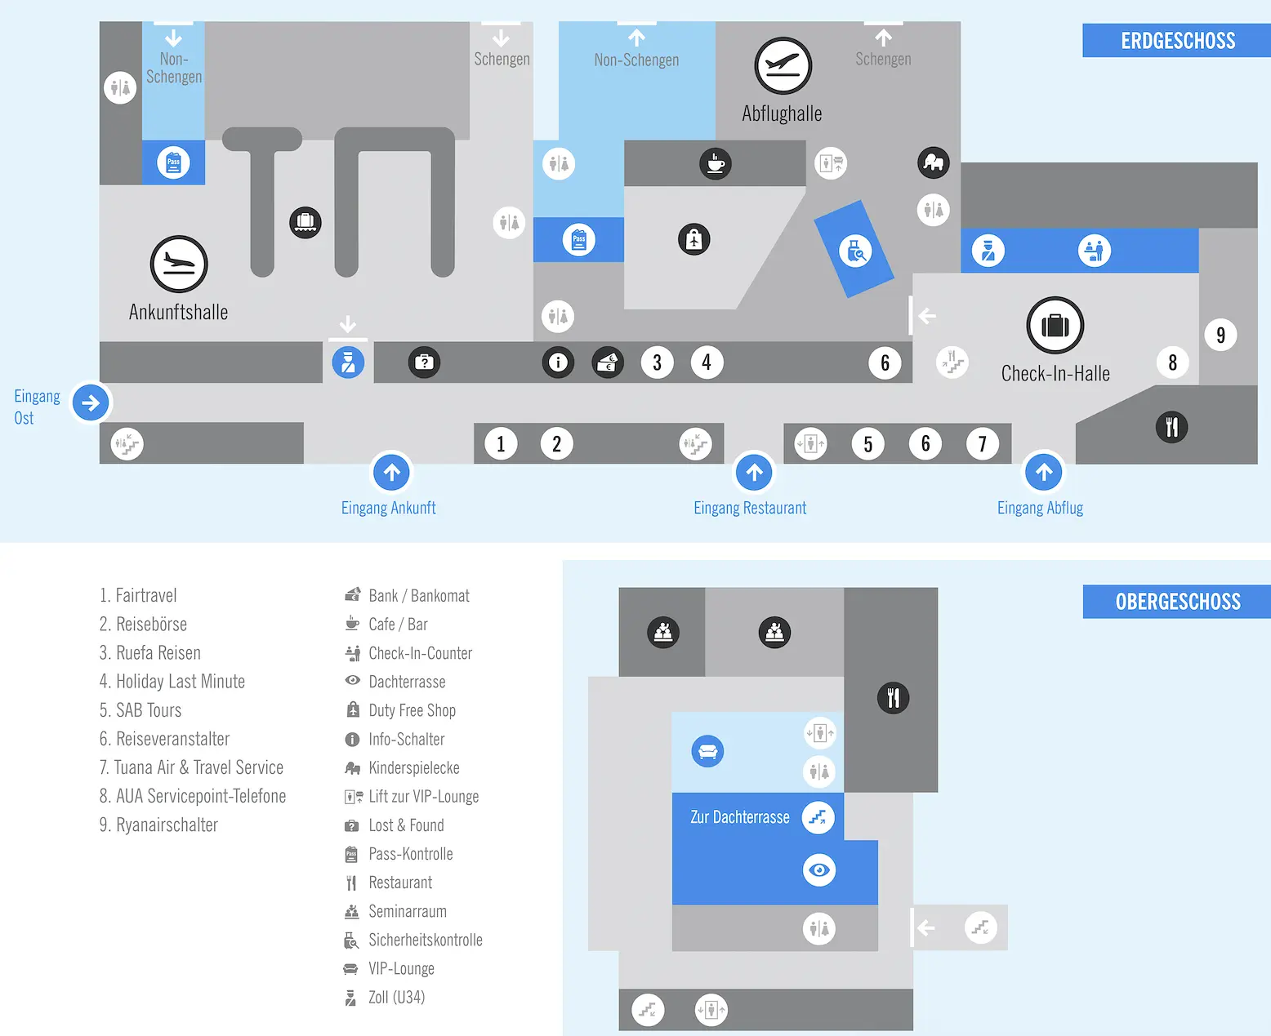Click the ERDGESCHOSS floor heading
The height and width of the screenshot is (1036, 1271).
click(1178, 41)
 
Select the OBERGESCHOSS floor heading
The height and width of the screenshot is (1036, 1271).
click(1178, 601)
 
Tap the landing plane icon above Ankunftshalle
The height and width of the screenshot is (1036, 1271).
click(179, 264)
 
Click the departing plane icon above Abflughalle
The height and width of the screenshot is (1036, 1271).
click(783, 65)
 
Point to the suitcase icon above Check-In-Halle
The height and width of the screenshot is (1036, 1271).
click(1055, 325)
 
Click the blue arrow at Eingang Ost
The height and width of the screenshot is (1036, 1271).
click(91, 402)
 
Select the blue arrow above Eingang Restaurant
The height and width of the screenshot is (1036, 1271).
click(754, 473)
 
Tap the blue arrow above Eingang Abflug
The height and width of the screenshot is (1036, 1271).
click(1044, 472)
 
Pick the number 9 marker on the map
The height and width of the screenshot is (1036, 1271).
click(1220, 335)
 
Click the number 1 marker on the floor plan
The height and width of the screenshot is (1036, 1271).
click(501, 444)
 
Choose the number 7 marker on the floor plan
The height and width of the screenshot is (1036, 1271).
click(983, 444)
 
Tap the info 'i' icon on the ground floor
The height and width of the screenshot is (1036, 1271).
click(558, 362)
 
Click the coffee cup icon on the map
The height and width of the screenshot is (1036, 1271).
click(716, 163)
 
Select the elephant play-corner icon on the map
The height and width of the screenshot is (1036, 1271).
click(934, 162)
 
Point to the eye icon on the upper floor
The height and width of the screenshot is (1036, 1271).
click(819, 869)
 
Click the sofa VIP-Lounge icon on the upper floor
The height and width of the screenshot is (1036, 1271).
click(707, 751)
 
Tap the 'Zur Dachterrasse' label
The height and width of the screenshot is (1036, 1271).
click(739, 816)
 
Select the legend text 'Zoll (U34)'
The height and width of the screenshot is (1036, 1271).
click(396, 998)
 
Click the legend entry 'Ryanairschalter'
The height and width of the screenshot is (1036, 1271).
click(158, 825)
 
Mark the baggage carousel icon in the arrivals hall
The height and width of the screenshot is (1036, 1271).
click(305, 222)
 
